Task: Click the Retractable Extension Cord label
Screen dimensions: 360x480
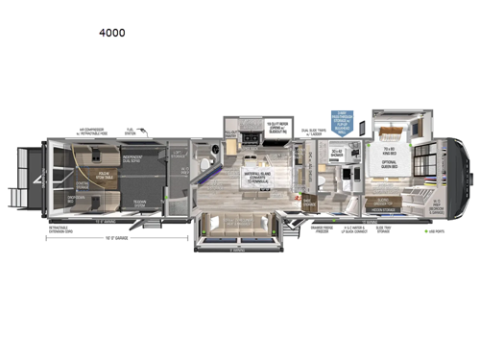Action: click(x=61, y=229)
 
